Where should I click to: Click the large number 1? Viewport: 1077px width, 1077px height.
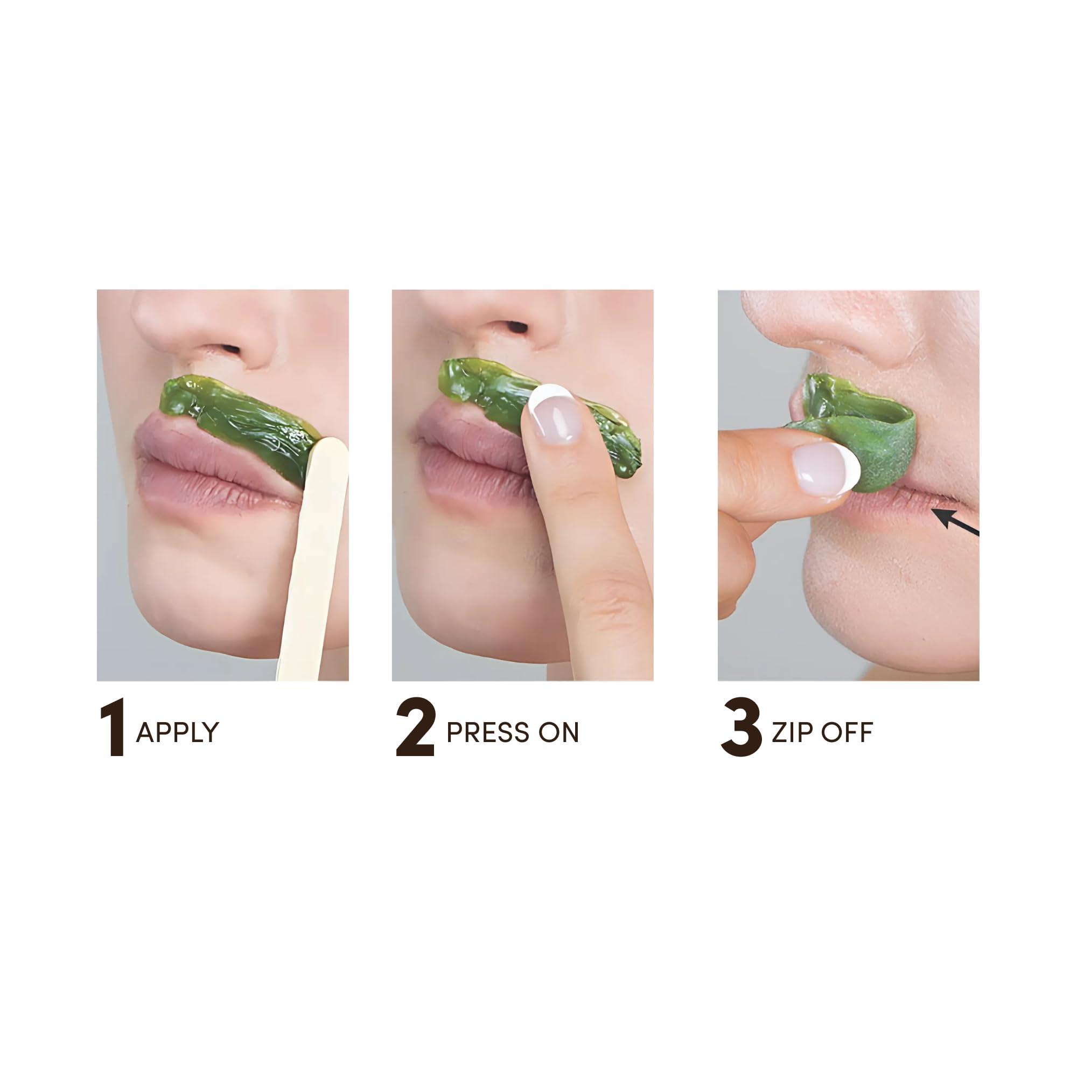[113, 731]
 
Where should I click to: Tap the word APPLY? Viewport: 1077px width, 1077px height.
[178, 732]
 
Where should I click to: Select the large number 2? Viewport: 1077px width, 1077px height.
[415, 731]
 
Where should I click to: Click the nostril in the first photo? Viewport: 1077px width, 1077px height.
[229, 350]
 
